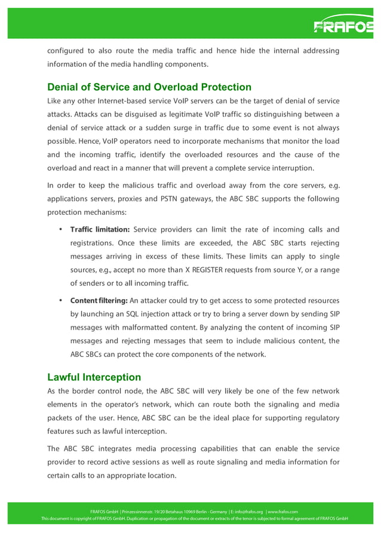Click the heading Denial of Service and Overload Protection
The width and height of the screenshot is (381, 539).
[x=149, y=87]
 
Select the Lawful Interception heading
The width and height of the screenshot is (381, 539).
[x=94, y=377]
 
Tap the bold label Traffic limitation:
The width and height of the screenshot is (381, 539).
[x=100, y=230]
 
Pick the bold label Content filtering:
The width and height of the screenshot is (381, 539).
[x=99, y=300]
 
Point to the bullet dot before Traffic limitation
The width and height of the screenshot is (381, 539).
[x=61, y=230]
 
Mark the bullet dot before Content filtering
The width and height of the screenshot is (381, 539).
[x=61, y=300]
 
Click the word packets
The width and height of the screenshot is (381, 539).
[x=62, y=418]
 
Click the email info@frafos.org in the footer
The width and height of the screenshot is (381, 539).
[x=246, y=512]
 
